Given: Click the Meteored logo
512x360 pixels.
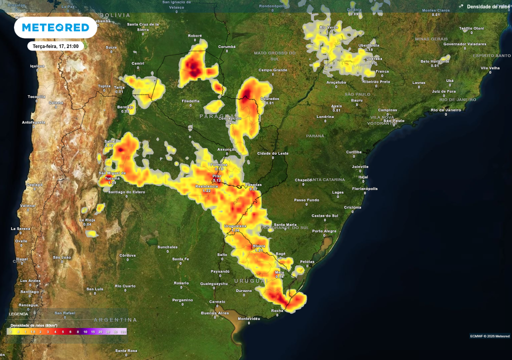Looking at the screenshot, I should coord(55,27).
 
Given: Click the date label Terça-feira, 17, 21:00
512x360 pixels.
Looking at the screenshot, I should coord(55,46).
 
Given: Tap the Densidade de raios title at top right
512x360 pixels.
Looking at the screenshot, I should coord(488,6).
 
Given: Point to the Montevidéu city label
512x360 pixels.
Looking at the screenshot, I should coord(249,318).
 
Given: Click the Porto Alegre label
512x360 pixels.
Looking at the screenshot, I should coord(324,230).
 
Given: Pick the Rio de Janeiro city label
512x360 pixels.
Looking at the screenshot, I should coord(446,109).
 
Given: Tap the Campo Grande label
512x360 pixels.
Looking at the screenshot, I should coord(272,70).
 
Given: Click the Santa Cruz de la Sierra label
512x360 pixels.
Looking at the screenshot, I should coord(143,26).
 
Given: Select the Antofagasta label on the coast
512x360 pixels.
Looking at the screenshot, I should coord(34,122).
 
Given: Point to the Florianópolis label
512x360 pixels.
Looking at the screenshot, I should coord(365,188).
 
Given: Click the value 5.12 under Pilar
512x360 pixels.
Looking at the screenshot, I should coord(216,180).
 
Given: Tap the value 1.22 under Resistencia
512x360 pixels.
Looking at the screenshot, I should coord(206,190).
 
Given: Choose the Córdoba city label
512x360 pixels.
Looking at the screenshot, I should coord(127,255).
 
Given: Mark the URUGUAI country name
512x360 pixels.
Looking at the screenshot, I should coord(248,281).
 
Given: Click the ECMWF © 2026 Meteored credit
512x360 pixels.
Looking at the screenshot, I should coord(489,336).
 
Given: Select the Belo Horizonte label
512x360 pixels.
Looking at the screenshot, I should coord(434,61).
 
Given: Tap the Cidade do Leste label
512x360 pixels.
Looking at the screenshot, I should coord(272,153).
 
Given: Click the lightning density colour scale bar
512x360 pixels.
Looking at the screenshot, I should coord(66,331).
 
